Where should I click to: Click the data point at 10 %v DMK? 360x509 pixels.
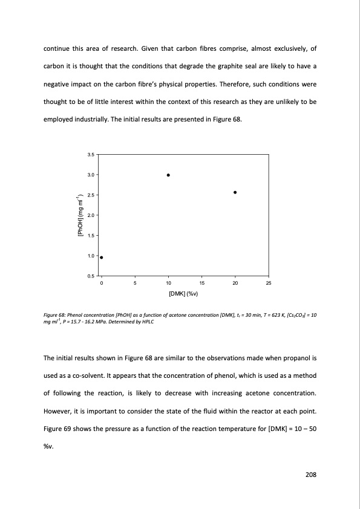click(168, 175)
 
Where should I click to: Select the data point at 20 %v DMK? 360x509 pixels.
click(235, 192)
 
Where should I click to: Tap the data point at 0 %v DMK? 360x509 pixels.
click(101, 258)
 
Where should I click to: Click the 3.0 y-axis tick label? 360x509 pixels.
click(91, 175)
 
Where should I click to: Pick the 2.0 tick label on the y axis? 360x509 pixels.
click(91, 215)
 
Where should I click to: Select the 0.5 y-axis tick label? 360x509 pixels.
click(91, 276)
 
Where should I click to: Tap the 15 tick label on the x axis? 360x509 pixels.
click(201, 283)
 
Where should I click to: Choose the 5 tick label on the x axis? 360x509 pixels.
click(135, 283)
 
